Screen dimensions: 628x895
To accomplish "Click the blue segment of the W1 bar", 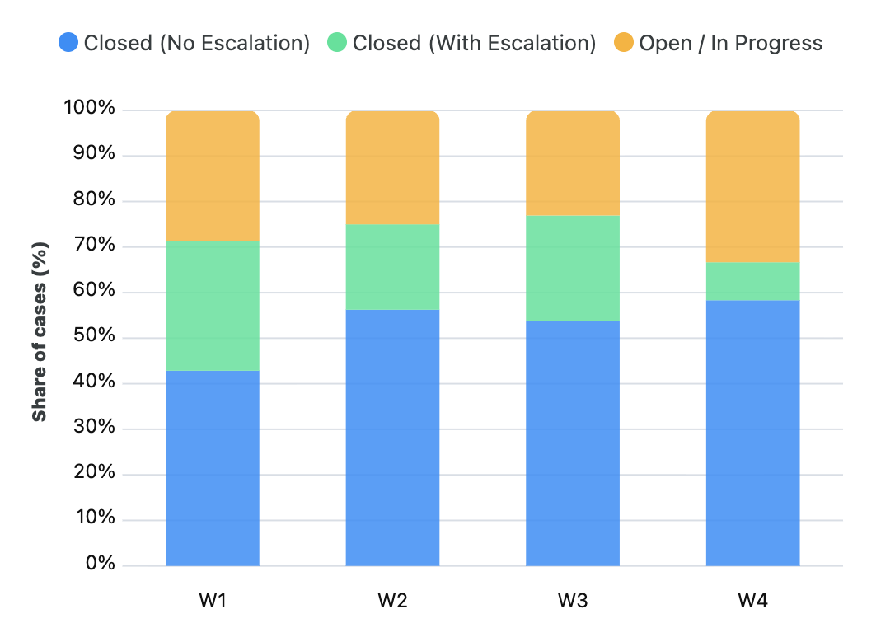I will [213, 468].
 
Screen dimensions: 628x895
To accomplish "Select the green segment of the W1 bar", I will [213, 305].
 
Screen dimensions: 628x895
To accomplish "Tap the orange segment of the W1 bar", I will [213, 176].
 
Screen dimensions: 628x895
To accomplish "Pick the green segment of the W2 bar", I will [392, 266].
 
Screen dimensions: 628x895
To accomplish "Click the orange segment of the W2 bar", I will [392, 167].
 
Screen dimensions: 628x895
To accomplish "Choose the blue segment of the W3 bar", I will [573, 443].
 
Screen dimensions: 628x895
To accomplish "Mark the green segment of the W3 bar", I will [573, 268].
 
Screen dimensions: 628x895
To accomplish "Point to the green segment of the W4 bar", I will [752, 281].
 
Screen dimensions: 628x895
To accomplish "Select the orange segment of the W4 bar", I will [752, 186].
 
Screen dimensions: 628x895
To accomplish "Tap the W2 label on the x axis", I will [392, 601].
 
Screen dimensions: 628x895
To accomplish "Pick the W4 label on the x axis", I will [752, 601].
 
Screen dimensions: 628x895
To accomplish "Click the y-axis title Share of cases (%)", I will [40, 331].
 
